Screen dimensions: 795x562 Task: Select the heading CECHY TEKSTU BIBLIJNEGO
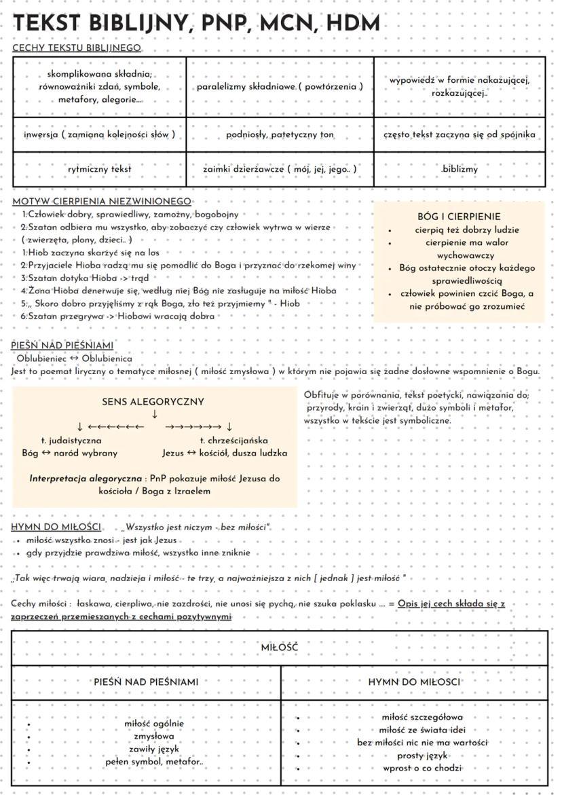[77, 48]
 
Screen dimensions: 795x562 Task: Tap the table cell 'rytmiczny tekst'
[99, 169]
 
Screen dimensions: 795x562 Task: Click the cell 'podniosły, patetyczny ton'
[280, 134]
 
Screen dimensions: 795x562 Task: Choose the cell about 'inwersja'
[99, 134]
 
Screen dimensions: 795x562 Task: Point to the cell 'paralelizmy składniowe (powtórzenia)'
[280, 87]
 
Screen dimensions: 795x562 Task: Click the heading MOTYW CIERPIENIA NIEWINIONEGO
[102, 202]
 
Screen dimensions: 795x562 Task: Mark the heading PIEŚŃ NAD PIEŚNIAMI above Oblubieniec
[62, 346]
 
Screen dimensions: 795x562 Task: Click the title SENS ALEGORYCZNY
[153, 402]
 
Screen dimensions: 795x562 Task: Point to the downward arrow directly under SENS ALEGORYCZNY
[155, 414]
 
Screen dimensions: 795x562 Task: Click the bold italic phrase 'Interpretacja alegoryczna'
[86, 479]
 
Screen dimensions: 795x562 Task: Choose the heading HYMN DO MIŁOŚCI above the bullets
[57, 528]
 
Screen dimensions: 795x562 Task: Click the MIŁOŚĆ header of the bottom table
[280, 648]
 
